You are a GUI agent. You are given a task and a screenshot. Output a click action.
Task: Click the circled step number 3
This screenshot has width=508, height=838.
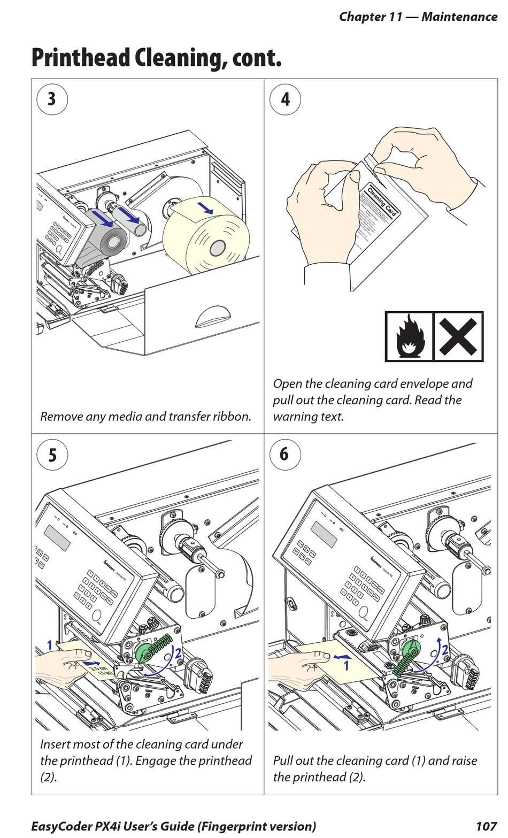[52, 99]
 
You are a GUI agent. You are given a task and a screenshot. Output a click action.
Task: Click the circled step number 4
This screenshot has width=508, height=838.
[285, 99]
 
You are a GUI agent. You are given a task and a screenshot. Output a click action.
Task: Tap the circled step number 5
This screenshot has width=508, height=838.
[52, 455]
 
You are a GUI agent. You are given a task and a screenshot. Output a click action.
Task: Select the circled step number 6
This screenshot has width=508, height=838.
[284, 454]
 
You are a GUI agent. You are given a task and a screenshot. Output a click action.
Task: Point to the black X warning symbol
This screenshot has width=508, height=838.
[458, 337]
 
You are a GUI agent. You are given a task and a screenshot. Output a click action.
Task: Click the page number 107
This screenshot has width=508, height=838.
[486, 826]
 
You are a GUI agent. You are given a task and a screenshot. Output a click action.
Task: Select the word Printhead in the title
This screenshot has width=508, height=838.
[81, 58]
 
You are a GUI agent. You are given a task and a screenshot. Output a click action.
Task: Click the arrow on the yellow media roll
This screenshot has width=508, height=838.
[205, 207]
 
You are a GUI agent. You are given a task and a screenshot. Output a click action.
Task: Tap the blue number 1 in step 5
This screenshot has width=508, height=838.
[50, 645]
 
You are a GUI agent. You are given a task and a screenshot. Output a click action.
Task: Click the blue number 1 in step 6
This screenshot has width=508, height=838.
[346, 665]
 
